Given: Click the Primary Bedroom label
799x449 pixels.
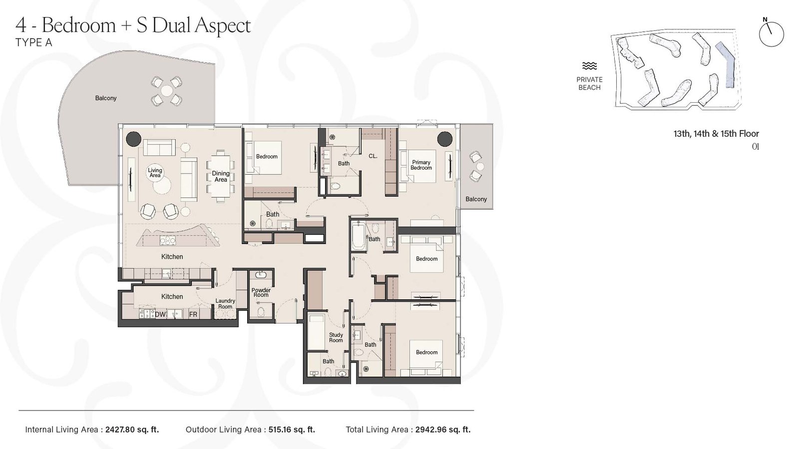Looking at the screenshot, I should click(421, 165).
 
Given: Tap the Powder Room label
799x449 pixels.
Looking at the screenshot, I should click(261, 292).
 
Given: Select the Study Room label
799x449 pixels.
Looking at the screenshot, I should click(336, 338).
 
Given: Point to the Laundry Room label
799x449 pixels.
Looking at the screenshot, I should click(225, 303).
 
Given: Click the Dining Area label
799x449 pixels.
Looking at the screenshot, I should click(221, 176).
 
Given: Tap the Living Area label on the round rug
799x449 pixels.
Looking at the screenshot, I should click(155, 173).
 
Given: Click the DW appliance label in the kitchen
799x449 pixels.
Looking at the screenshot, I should click(160, 314).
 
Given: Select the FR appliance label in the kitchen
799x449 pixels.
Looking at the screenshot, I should click(193, 314).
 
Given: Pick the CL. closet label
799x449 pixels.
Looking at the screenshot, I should click(373, 156).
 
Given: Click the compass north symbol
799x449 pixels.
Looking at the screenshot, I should click(771, 34).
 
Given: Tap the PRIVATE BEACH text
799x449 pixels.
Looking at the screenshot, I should click(589, 83).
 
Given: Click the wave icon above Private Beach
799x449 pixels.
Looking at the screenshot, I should click(589, 66).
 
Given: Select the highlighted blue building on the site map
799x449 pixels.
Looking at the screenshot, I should click(728, 65).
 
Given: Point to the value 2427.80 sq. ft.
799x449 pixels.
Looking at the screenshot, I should click(132, 430).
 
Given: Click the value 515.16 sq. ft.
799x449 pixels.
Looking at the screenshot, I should click(292, 430).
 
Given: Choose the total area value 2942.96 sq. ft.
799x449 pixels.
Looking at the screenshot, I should click(443, 430).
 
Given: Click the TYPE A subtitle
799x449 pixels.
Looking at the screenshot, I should click(33, 42).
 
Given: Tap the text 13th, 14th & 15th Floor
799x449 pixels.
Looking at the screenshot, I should click(716, 134).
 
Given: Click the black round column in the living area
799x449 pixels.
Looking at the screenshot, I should click(133, 139).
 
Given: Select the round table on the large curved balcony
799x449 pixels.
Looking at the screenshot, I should click(166, 91).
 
